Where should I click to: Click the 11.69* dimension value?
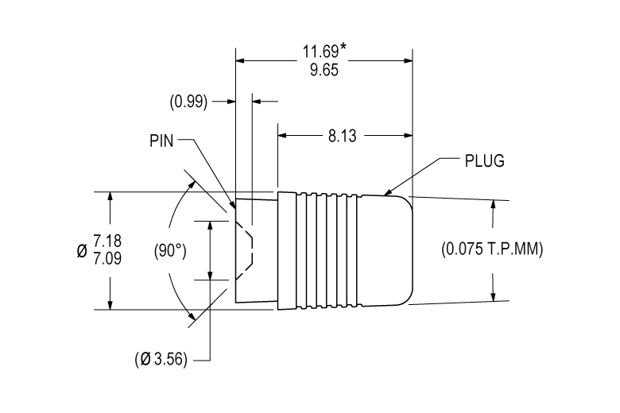pos(324,51)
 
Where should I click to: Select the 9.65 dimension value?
pos(324,70)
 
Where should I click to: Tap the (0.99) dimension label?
pos(188,102)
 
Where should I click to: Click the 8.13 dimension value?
pos(343,136)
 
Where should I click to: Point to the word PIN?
pos(161,141)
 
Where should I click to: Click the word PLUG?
pos(484,161)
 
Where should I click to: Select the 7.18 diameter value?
pos(107,241)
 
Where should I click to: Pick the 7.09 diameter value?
pos(107,258)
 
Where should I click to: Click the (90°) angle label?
pos(170,250)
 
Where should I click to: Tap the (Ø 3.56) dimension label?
pos(161,359)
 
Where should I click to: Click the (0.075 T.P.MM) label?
pos(492,249)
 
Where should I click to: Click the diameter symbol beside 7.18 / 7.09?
pos(82,250)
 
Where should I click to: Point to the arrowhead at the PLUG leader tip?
pos(387,192)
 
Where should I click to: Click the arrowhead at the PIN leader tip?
pos(233,205)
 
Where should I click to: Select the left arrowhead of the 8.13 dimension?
pos(282,136)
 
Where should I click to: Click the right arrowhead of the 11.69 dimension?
pos(408,61)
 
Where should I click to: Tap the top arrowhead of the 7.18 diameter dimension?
pos(110,196)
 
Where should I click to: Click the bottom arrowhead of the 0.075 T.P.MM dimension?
pos(493,296)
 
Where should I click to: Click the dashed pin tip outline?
pos(244,249)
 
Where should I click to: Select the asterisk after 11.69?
pos(343,47)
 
